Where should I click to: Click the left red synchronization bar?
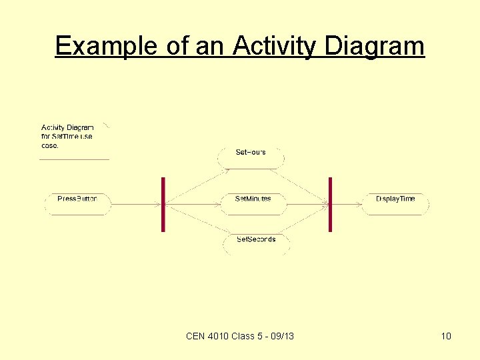coord(163,204)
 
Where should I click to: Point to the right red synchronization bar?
coord(330,204)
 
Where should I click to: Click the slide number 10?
coord(446,336)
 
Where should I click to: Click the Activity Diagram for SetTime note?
coord(67,137)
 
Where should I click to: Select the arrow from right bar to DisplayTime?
coord(347,204)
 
